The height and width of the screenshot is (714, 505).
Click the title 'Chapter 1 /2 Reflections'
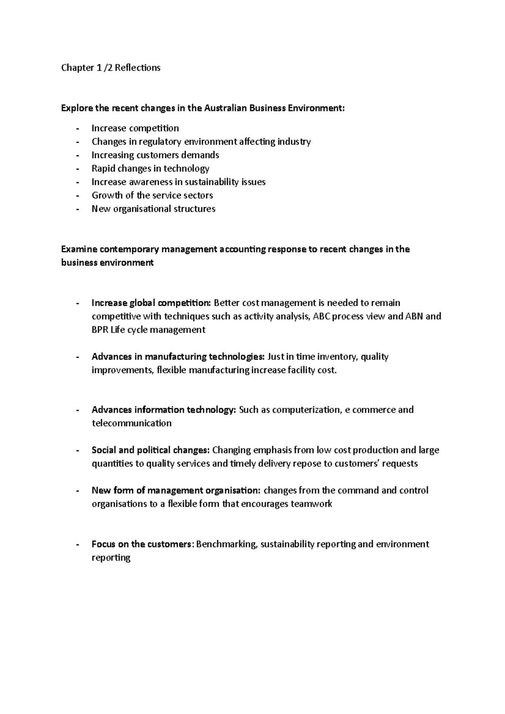coord(111,68)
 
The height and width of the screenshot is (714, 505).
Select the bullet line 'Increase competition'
coord(135,128)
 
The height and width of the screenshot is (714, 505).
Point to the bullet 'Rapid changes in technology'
coord(150,168)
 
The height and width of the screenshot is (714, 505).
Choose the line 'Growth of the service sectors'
coord(152,195)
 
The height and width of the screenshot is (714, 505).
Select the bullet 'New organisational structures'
coord(153,209)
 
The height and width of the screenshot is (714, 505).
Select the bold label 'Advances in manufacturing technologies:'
coord(178,357)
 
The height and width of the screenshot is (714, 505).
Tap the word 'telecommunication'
coord(131,423)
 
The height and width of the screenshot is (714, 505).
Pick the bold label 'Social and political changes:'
coord(150,450)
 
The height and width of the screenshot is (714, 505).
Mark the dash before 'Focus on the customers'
coord(77,545)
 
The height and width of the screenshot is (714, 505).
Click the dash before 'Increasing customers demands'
coord(77,155)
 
